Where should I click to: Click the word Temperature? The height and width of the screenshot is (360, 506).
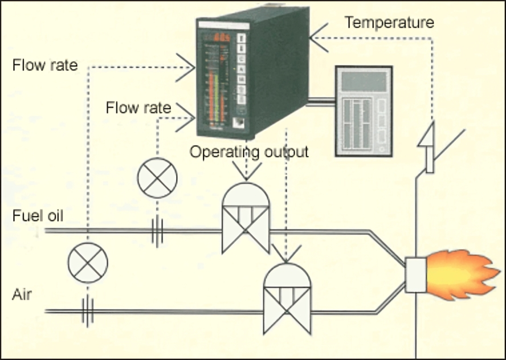point(389,23)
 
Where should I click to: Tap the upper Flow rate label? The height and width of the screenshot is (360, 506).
point(44,65)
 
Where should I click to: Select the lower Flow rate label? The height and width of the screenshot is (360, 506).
point(138,108)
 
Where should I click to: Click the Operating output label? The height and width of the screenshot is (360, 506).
point(249,152)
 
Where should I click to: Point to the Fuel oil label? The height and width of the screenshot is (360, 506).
point(38,216)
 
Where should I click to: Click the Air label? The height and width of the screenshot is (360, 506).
point(22,295)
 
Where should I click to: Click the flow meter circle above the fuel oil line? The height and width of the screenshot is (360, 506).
point(157,178)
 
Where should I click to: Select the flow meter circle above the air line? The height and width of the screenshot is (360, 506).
point(88,262)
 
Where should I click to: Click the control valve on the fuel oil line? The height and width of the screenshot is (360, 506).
point(246,219)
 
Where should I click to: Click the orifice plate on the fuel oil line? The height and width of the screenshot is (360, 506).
point(158,231)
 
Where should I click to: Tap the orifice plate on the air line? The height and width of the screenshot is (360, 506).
point(88,311)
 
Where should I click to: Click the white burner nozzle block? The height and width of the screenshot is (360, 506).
point(415,275)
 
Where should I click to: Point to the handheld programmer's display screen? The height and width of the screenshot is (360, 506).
point(362,81)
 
